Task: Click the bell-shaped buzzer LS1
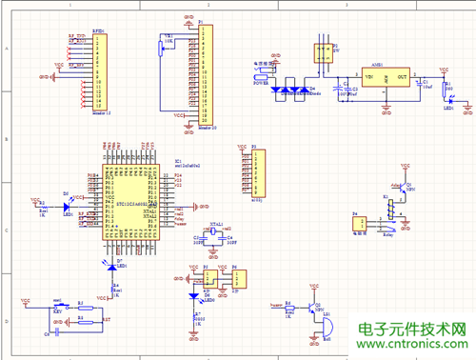(327, 328)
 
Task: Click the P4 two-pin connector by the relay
(359, 224)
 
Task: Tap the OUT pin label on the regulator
(401, 76)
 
